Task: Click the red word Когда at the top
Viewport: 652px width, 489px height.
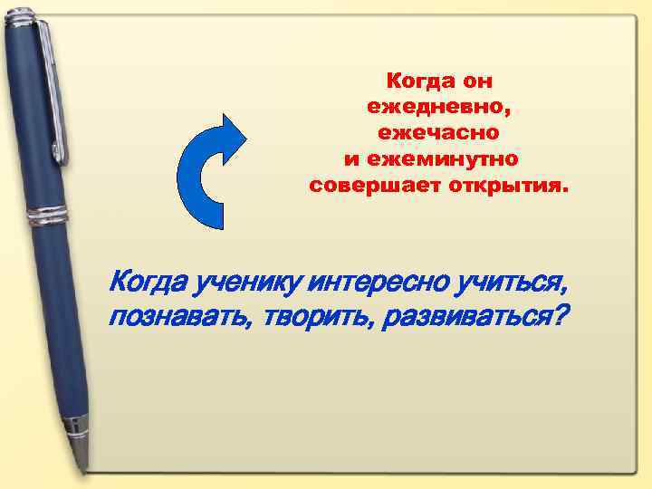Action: [x=417, y=81]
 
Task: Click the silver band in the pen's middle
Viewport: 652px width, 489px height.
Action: [x=46, y=216]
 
